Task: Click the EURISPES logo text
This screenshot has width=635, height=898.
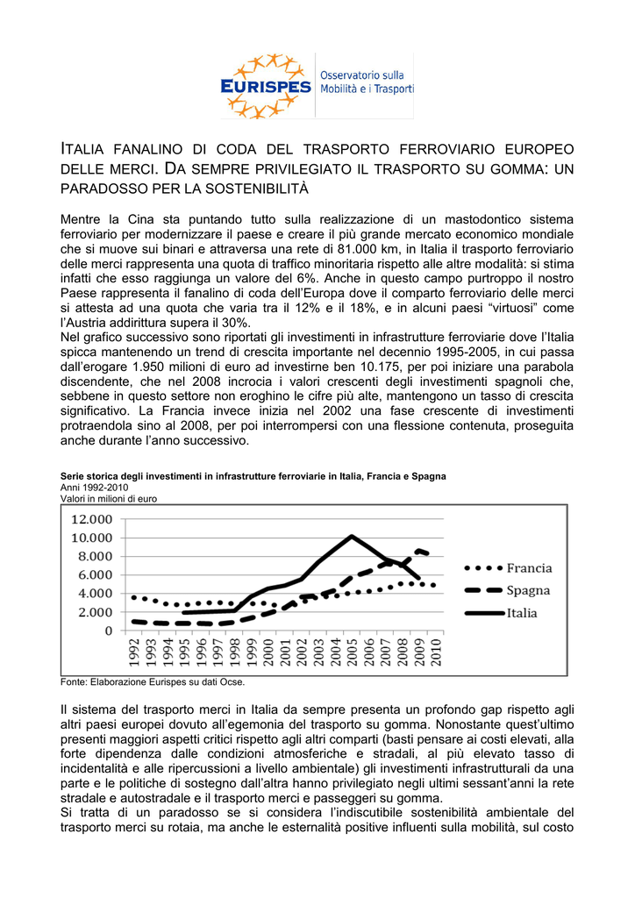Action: coord(267,86)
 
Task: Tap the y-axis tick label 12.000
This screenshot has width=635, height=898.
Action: coord(90,519)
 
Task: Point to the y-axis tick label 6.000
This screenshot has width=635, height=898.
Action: coord(95,574)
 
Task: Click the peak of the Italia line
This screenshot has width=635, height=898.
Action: coord(352,536)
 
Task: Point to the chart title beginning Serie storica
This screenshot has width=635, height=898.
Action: coord(253,476)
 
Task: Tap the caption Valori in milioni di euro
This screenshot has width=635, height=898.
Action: coord(108,497)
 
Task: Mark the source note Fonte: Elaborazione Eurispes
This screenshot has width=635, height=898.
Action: coord(153,681)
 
